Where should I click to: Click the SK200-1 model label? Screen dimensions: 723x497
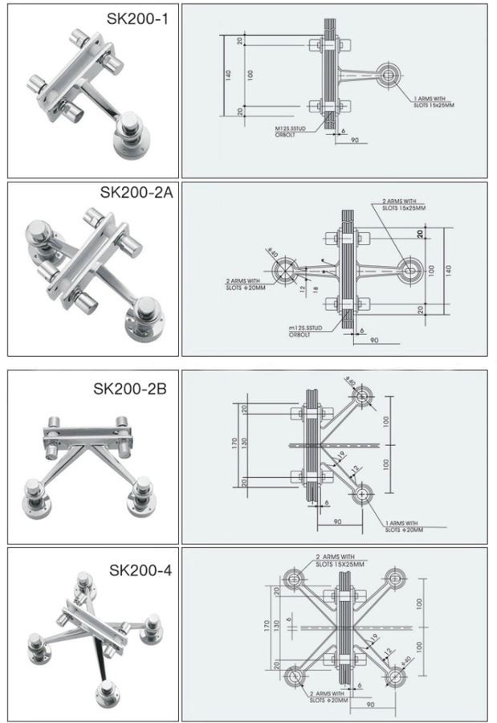click(x=139, y=17)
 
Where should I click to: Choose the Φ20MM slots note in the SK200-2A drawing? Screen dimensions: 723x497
click(x=246, y=284)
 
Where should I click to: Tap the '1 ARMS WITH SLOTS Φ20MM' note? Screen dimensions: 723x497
click(x=401, y=526)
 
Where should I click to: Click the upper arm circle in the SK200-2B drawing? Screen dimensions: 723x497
click(x=364, y=395)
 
